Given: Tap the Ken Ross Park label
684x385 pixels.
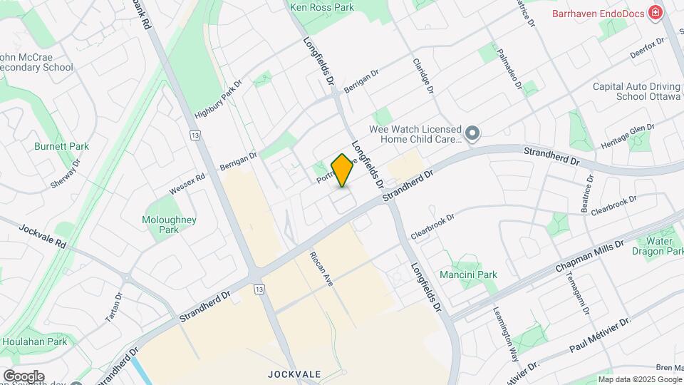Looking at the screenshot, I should pos(322,7).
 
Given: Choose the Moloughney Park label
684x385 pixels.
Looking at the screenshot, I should pos(169,225).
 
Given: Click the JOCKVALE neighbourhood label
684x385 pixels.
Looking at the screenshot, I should pos(295,374).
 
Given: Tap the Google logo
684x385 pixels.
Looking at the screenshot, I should pos(23,376).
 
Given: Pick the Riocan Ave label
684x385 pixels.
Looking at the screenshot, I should pos(321,269).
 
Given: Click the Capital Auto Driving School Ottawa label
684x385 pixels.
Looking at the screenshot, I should pos(637,91).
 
